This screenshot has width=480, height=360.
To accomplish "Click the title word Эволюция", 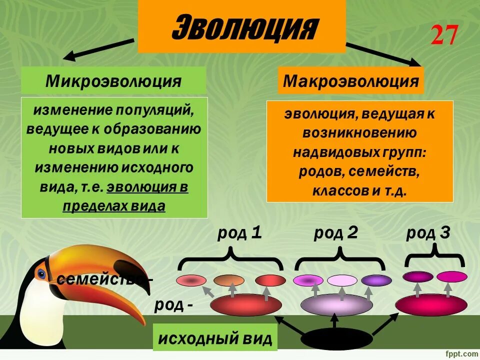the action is coord(242,27).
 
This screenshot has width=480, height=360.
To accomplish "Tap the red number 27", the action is coord(444,35).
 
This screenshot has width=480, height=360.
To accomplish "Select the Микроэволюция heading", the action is coord(113,81).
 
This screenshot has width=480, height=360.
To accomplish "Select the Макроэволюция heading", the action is coord(350,81).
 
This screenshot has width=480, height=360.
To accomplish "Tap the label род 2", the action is coord(335,232).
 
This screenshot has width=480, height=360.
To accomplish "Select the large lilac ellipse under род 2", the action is coord(337,305).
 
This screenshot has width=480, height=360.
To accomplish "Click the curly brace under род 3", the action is coord(433,257).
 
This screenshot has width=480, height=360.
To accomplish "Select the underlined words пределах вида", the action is coord(114,206).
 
